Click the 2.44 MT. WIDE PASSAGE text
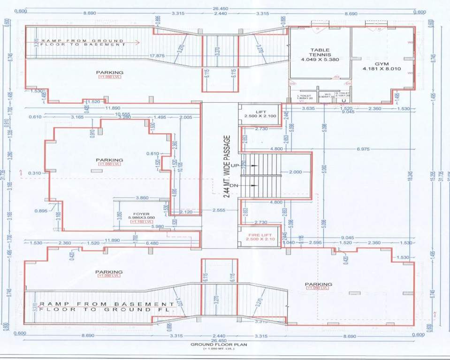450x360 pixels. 227,166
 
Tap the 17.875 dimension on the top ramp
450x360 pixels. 157,56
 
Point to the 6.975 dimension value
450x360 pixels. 363,149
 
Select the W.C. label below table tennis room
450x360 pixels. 328,93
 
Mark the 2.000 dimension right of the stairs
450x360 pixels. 295,172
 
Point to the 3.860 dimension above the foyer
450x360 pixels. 142,198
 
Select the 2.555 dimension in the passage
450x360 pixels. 220,210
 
